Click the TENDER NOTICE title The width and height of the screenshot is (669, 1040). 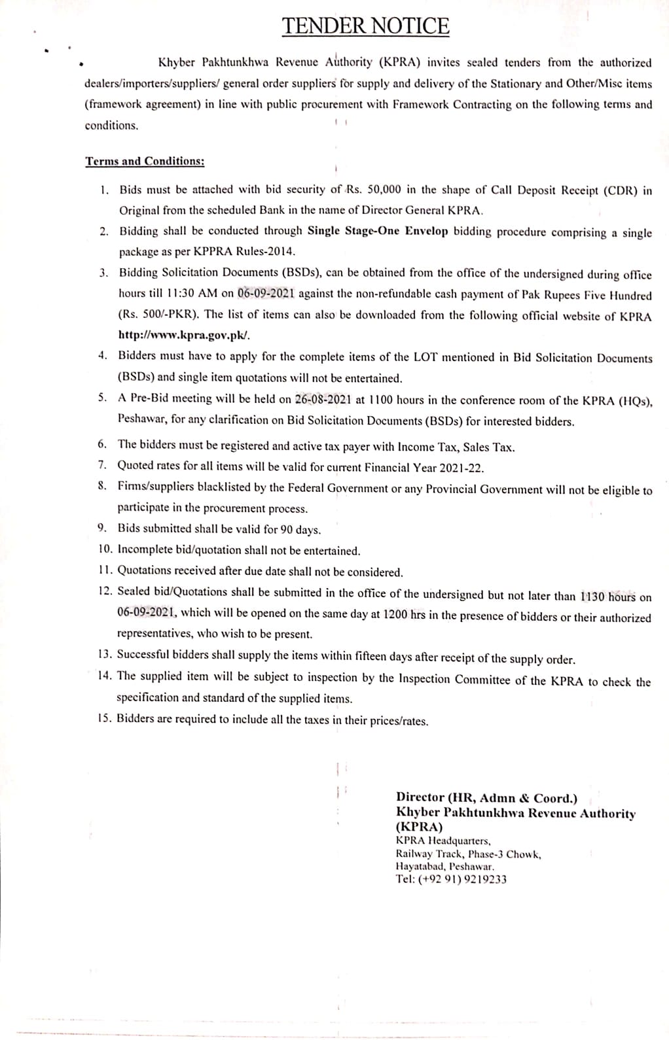click(366, 26)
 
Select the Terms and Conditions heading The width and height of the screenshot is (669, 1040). click(145, 162)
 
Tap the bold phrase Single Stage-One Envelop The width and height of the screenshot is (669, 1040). click(378, 231)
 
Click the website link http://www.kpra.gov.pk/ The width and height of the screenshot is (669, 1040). click(184, 335)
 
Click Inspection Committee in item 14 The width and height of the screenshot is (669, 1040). click(454, 680)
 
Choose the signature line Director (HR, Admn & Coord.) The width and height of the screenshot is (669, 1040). click(486, 797)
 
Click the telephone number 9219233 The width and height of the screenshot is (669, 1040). click(485, 879)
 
